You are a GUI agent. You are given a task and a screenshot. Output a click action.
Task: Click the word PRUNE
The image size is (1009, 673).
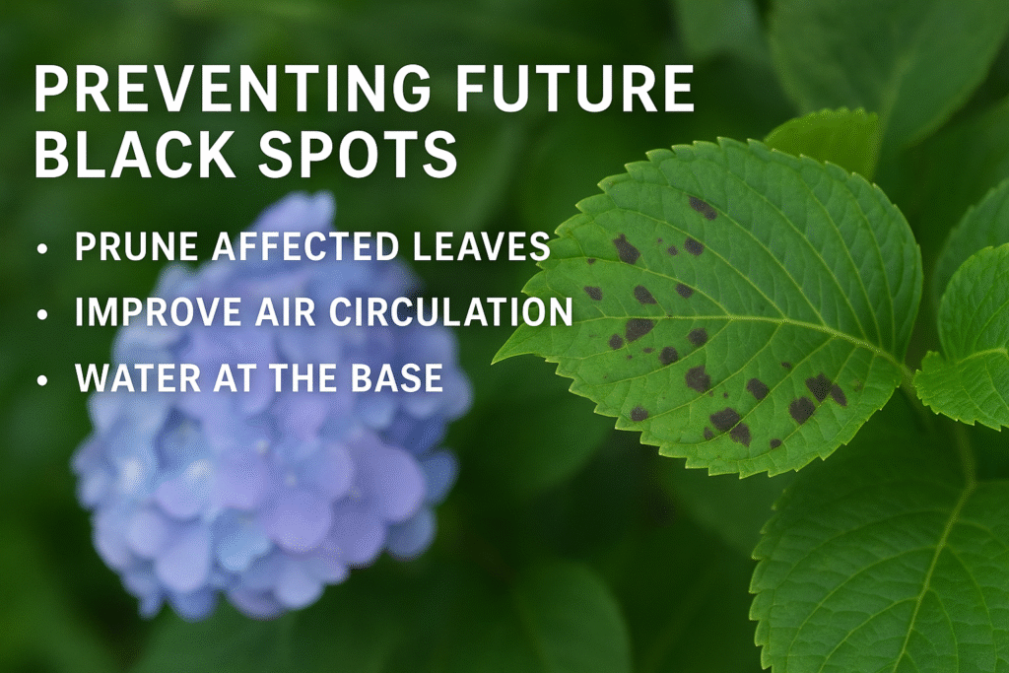(127, 248)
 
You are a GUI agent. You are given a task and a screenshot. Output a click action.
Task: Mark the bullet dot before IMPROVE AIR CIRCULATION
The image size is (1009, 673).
(40, 314)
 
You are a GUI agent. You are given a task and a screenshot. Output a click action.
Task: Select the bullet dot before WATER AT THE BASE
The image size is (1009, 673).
(40, 378)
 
